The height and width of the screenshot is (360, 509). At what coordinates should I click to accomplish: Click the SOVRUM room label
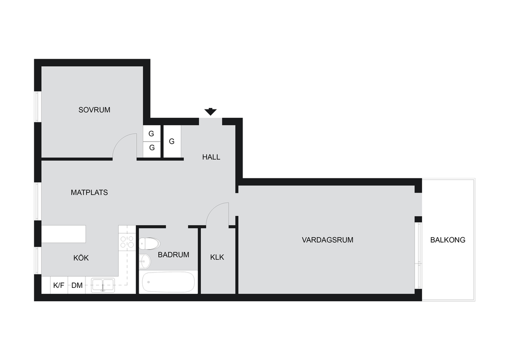coord(94,110)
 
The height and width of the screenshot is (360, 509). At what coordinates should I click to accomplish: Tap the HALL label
coord(211,157)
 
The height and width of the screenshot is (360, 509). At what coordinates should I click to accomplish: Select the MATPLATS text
coord(89,192)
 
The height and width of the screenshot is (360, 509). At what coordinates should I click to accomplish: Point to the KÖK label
coord(81,258)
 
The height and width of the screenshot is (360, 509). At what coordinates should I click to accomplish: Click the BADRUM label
coord(173,255)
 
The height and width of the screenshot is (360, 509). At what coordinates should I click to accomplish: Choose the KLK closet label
coord(217,258)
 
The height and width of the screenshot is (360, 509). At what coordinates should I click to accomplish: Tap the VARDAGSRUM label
coord(328,240)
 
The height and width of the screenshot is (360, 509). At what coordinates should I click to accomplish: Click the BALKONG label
coord(448,240)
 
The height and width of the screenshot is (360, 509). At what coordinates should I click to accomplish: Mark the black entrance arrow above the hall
coord(210,112)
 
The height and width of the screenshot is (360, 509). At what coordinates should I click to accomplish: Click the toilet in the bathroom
coord(149,244)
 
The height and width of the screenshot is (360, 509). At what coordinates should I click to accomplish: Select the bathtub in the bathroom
coord(169,282)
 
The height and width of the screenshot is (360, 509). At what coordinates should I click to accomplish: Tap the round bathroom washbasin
coord(145,261)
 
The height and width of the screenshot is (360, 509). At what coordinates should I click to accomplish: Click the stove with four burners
coord(127,243)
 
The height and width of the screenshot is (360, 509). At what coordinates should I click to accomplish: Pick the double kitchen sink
coord(102,285)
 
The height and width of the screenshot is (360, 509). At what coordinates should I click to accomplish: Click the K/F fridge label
coord(59,285)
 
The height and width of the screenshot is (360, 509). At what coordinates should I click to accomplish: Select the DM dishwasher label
coord(77,285)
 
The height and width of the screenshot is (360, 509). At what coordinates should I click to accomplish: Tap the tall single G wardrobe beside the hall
coord(172,142)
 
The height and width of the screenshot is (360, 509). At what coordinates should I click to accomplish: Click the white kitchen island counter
coord(64,234)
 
